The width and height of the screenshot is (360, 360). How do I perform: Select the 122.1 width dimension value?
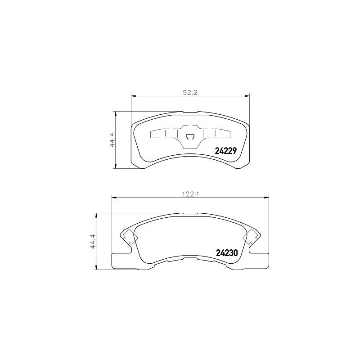point(190,194)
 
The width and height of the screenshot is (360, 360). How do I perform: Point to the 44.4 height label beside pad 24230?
point(93,241)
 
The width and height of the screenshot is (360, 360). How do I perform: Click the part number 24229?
point(225,151)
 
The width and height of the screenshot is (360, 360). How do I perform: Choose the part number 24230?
point(227,253)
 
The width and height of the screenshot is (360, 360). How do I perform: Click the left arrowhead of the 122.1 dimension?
point(114,198)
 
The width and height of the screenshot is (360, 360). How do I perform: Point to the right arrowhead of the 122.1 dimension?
point(266,198)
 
